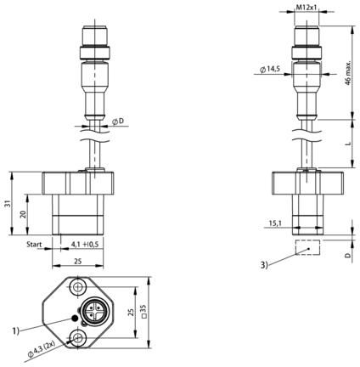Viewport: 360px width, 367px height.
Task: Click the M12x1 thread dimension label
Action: coord(307,8)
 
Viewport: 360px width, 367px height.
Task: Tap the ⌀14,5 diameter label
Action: coord(270,69)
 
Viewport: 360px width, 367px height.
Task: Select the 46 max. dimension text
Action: coord(348,73)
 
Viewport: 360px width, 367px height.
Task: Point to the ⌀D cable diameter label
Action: coord(118,121)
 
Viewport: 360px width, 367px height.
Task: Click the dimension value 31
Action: coord(8,203)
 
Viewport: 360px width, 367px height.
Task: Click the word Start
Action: coord(34,245)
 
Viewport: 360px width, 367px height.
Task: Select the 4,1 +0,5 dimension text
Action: coord(85,245)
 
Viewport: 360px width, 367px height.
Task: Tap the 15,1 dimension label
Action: coord(275,223)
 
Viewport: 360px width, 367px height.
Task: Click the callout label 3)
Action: coord(264,265)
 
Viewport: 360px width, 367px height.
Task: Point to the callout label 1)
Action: coord(15,330)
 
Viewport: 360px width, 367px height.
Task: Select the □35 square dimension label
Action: coord(143,312)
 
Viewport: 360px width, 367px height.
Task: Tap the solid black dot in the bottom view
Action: coord(75,319)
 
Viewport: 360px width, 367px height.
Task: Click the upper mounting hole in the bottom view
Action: coord(77,287)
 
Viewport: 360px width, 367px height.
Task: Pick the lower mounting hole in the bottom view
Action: coord(77,337)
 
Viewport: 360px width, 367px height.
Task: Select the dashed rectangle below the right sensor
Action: coord(307,247)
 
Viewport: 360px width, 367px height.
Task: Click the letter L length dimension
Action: coord(349,144)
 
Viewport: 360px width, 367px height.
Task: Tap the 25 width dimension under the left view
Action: coord(77,261)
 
